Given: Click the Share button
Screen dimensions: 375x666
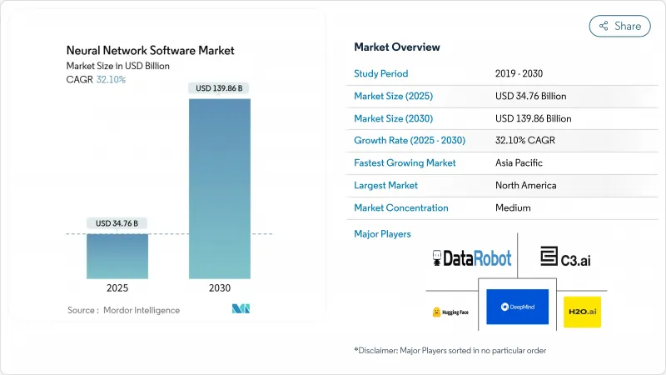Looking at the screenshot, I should [x=619, y=26].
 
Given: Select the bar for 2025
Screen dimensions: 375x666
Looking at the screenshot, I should [x=117, y=256].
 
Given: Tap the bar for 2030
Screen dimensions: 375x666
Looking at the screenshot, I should [x=219, y=188].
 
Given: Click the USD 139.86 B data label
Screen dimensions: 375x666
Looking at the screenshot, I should [x=219, y=87].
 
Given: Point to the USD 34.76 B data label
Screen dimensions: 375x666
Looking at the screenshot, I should [x=117, y=223].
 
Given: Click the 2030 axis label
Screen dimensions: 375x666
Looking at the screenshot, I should [x=219, y=288].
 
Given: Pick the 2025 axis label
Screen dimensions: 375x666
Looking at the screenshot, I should [x=117, y=288].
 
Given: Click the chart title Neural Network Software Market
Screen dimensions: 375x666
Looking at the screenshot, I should [x=151, y=50].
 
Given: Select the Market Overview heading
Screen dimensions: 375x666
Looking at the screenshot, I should [x=397, y=47].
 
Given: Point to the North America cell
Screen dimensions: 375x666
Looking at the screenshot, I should [x=525, y=186].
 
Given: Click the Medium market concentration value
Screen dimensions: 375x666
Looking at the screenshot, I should [x=514, y=208].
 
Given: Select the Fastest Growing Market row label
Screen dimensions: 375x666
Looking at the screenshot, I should [x=405, y=163].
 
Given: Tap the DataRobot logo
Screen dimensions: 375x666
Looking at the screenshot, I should [x=472, y=258].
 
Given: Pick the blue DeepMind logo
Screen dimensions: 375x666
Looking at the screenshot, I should [x=517, y=307].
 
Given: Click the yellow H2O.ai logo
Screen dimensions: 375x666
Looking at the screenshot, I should [x=582, y=311].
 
